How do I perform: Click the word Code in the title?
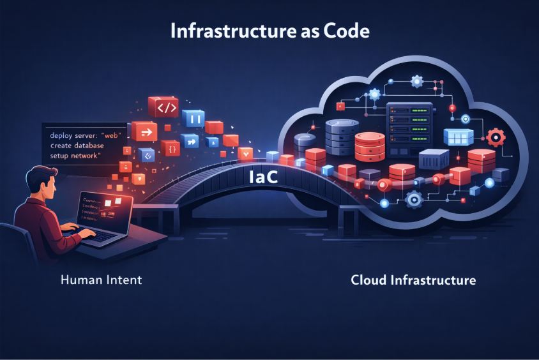pos(345,30)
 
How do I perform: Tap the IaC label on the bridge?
pos(262,177)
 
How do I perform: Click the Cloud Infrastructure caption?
pos(413,280)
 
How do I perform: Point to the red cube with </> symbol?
pos(162,107)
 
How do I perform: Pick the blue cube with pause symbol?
pos(192,119)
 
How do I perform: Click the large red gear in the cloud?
pos(496,137)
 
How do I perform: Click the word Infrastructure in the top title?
pos(231,30)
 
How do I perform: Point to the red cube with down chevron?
pos(245,153)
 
